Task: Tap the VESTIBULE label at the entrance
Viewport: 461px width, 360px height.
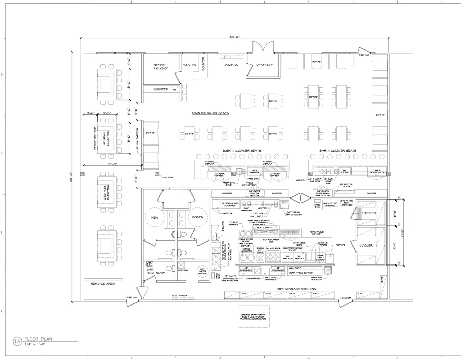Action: click(x=265, y=65)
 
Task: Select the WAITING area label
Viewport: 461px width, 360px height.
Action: click(x=231, y=65)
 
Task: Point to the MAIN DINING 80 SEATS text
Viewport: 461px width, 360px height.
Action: click(x=210, y=113)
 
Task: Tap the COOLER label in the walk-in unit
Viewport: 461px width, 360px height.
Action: click(x=366, y=246)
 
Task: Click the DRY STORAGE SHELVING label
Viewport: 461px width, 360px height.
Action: click(x=296, y=289)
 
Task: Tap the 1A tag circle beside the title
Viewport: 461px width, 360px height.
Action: click(x=17, y=341)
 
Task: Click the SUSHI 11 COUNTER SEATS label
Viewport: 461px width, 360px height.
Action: click(x=242, y=151)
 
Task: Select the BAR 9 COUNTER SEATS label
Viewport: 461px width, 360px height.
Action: click(x=338, y=151)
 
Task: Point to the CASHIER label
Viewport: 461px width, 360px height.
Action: click(x=190, y=65)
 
